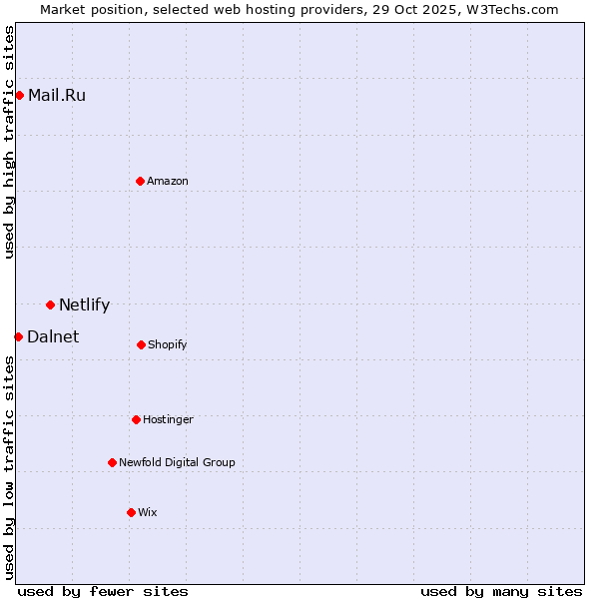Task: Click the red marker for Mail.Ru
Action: click(19, 95)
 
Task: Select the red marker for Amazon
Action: click(140, 181)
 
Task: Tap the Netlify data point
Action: click(50, 304)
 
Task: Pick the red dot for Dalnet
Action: click(18, 336)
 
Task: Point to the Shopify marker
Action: click(141, 344)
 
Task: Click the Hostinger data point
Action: click(136, 419)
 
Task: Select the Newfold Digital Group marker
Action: click(112, 462)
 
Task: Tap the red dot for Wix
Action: click(131, 512)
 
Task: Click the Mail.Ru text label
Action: click(57, 96)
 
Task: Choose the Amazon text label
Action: click(168, 181)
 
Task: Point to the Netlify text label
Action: click(84, 305)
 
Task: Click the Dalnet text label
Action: click(53, 337)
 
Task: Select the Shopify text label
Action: click(168, 345)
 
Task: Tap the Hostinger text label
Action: click(168, 419)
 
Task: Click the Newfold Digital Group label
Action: click(177, 462)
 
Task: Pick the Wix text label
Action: click(148, 512)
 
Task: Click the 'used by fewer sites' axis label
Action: click(103, 591)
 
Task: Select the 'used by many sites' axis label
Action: click(501, 591)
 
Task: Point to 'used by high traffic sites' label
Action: click(10, 142)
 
